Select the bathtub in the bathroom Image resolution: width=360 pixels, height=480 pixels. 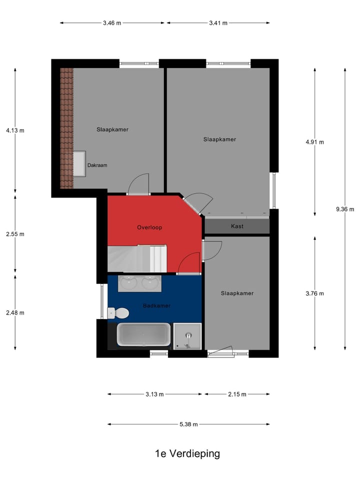[143, 334]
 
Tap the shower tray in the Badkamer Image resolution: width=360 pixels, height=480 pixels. [187, 335]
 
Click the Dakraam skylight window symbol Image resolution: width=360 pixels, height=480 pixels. [79, 163]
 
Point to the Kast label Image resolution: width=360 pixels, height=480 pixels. [237, 226]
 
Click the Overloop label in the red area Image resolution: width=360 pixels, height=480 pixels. [149, 227]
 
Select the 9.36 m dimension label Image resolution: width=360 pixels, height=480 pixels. [345, 209]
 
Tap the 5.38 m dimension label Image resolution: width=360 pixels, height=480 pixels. [188, 424]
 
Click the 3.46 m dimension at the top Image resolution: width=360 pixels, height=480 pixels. [112, 23]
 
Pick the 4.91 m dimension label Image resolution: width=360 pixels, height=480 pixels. [314, 142]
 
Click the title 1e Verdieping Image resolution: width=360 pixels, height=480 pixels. [187, 454]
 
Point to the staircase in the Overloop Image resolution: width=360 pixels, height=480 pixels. [137, 258]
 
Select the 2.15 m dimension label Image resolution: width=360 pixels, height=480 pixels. [237, 394]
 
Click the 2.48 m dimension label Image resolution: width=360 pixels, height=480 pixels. [15, 313]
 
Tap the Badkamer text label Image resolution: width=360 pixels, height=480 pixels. [156, 305]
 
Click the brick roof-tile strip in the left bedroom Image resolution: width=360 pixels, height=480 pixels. [66, 128]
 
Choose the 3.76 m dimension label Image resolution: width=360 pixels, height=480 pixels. [314, 293]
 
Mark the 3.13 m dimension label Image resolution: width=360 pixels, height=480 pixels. [155, 394]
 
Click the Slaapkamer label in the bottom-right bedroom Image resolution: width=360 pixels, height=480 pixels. [237, 293]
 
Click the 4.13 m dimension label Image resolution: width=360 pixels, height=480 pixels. [15, 130]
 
